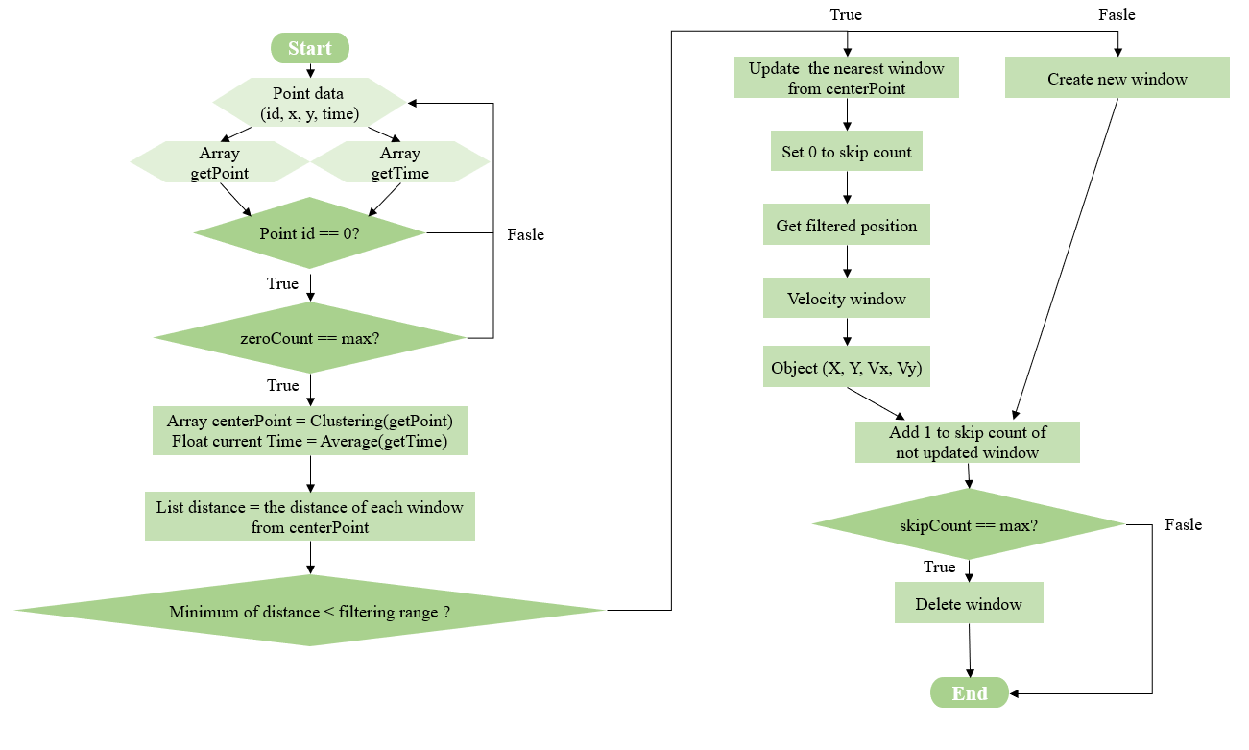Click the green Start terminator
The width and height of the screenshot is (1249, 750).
pyautogui.click(x=310, y=48)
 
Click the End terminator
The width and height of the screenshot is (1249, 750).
pyautogui.click(x=970, y=693)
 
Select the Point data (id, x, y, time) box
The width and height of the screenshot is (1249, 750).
pyautogui.click(x=309, y=104)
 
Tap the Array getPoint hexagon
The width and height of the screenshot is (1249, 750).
pyautogui.click(x=219, y=163)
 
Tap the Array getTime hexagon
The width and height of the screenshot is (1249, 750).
pyautogui.click(x=400, y=163)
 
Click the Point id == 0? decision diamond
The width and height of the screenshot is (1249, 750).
pyautogui.click(x=309, y=233)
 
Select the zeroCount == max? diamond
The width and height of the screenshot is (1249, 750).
pyautogui.click(x=309, y=338)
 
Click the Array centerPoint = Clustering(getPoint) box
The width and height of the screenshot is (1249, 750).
pyautogui.click(x=310, y=431)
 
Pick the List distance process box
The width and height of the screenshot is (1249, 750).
pyautogui.click(x=310, y=517)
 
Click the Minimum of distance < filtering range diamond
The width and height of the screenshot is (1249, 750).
pyautogui.click(x=309, y=611)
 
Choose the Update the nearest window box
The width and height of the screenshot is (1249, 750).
pyautogui.click(x=847, y=78)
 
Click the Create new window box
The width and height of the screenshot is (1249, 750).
pyautogui.click(x=1117, y=79)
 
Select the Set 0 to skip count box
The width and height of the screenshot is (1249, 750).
pyautogui.click(x=846, y=152)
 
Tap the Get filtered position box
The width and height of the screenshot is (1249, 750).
pyautogui.click(x=847, y=226)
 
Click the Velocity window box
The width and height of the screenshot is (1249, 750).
pyautogui.click(x=847, y=299)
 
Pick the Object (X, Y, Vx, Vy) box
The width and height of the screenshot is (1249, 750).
pyautogui.click(x=847, y=369)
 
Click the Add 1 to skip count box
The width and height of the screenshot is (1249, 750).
pyautogui.click(x=968, y=443)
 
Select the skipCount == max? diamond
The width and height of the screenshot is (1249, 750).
pyautogui.click(x=968, y=525)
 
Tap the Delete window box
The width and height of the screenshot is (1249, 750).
pyautogui.click(x=969, y=604)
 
